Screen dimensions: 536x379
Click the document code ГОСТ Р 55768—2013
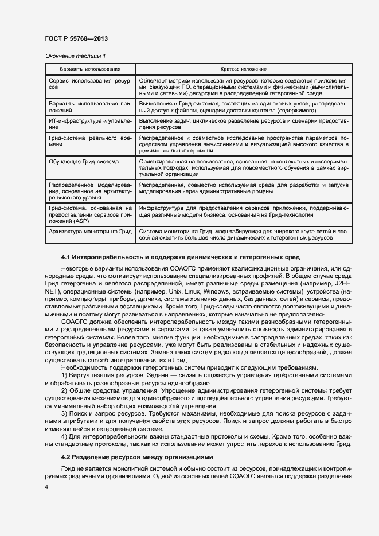(76, 38)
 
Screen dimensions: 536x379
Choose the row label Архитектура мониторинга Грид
(91, 231)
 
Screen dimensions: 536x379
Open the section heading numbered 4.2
(137, 457)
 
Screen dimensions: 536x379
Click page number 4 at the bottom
(46, 487)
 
